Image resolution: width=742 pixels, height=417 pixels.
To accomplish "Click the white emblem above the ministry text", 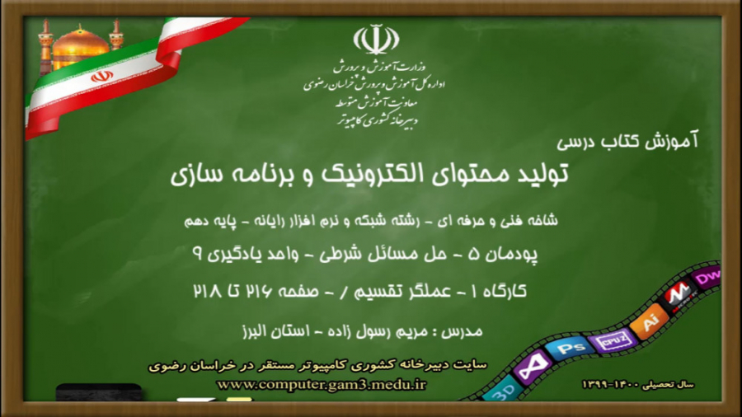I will tap(375, 39).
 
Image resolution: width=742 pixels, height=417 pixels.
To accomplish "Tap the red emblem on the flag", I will tap(101, 77).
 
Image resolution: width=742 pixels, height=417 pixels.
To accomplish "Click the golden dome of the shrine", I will tap(80, 47).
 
